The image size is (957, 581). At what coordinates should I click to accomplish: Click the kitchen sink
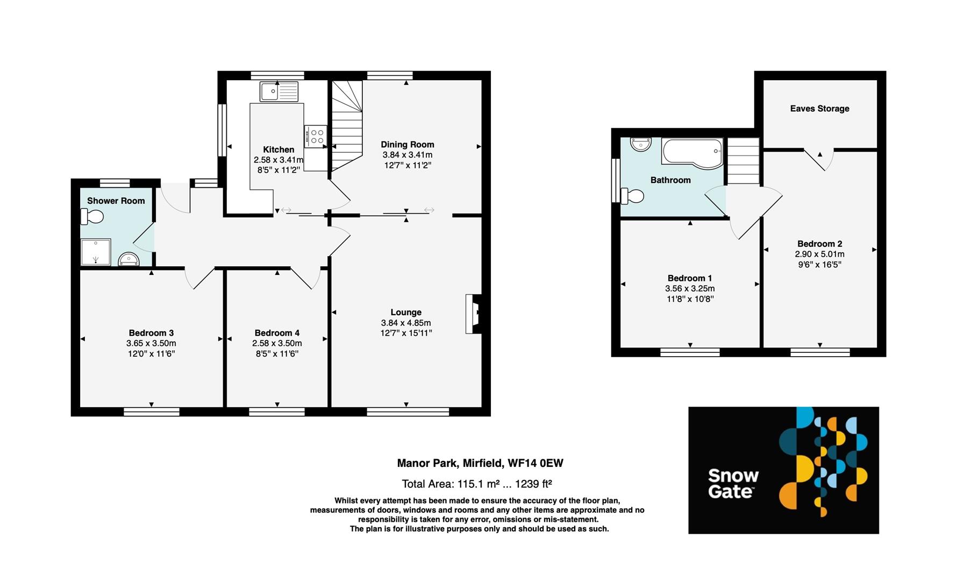tap(278, 91)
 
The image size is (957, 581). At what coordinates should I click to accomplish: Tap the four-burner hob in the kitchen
tap(315, 136)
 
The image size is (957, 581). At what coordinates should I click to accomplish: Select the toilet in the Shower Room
tap(92, 217)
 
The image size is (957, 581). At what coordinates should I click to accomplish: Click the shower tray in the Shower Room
tap(96, 252)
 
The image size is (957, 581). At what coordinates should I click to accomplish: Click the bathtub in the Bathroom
tap(692, 153)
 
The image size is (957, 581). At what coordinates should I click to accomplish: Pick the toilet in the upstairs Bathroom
tap(632, 196)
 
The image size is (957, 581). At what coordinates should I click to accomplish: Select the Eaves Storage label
tap(819, 109)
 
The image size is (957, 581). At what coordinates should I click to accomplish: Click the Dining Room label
tap(407, 144)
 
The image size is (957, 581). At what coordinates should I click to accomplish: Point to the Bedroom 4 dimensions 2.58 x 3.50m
tap(277, 343)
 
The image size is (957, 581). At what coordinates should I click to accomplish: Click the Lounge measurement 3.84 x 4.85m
tap(406, 323)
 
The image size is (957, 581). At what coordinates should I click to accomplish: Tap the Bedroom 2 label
tap(819, 244)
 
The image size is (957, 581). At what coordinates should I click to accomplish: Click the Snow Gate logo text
tap(733, 484)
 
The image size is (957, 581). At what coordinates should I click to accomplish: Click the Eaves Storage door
tap(819, 159)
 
